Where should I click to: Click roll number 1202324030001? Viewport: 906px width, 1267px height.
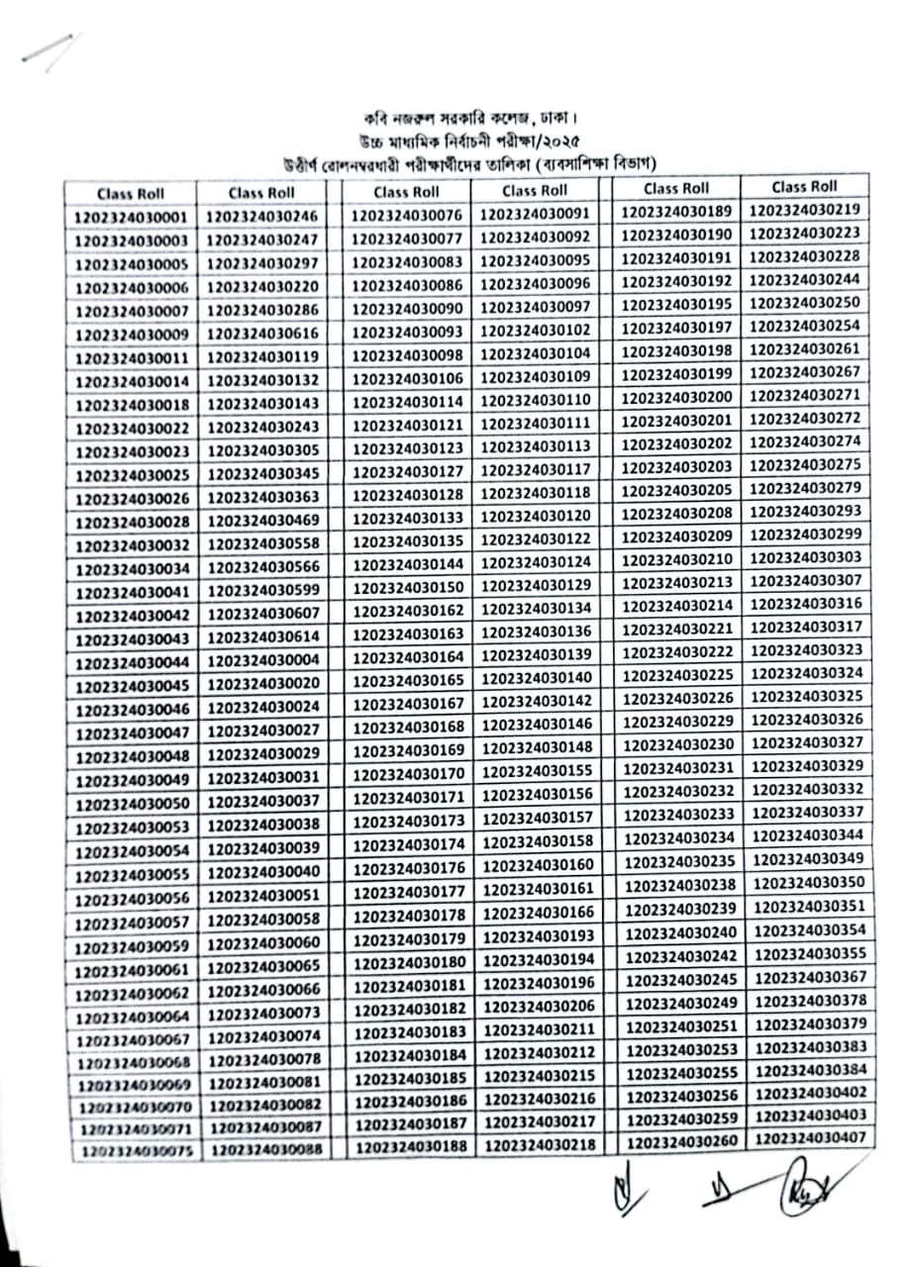coord(131,217)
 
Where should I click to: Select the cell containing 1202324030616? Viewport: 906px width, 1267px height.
coord(262,334)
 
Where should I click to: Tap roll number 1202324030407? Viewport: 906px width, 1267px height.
coord(811,1138)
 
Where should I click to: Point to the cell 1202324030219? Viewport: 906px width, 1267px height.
coord(804,210)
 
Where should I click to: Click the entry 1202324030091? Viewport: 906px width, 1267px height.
coord(535,215)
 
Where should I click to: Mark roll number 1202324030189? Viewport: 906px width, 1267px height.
coord(678,211)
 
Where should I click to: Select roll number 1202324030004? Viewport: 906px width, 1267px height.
coord(263,661)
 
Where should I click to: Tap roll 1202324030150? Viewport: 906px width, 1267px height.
coord(408,588)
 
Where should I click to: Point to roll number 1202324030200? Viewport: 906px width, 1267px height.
coord(679,397)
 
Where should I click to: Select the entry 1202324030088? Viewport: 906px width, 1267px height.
coord(265,1149)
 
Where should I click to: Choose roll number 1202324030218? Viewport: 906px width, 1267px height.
coord(540,1143)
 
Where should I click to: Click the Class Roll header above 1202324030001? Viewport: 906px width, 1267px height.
coord(131,193)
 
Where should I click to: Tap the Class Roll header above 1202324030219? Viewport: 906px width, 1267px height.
coord(804,186)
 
